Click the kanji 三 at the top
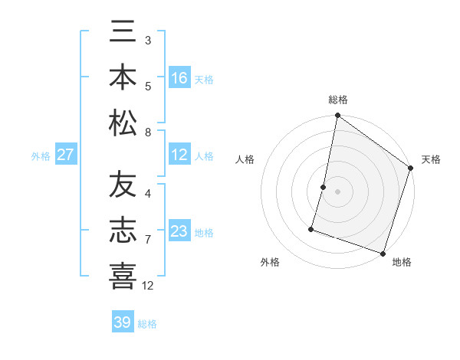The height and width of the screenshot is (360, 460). [123, 33]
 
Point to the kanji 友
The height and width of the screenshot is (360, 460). [123, 186]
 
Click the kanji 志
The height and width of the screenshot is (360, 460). [123, 231]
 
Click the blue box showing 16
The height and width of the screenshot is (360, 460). [179, 78]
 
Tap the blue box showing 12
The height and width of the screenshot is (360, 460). [179, 155]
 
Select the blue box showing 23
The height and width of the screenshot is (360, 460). [179, 231]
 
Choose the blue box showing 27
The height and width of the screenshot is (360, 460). [66, 155]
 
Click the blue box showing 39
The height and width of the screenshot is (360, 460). [122, 322]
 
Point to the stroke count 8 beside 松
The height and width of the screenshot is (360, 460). [148, 133]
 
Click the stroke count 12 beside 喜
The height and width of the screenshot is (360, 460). [148, 286]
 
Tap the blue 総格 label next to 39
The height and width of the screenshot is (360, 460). [147, 324]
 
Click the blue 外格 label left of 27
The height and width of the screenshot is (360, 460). [41, 156]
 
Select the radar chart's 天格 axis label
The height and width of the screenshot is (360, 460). [431, 159]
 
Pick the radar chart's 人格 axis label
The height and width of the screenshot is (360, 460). [245, 159]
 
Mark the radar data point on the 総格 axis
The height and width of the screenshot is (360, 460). [337, 116]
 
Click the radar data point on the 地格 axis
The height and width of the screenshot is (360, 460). [383, 253]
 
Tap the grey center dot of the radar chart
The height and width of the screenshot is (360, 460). [337, 191]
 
